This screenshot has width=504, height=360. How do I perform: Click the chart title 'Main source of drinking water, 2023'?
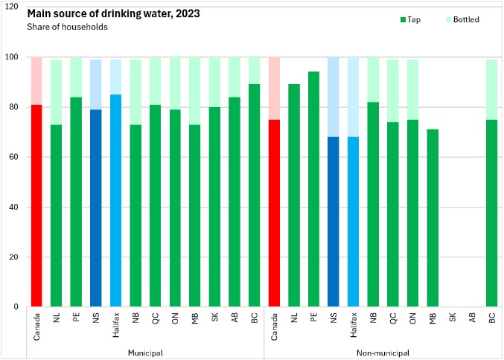(x=103, y=14)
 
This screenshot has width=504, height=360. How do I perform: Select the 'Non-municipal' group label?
(x=383, y=352)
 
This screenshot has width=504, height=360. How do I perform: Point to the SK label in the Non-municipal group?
(x=452, y=316)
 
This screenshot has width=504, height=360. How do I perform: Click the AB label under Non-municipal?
(x=472, y=316)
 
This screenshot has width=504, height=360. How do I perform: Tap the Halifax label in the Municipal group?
(x=115, y=323)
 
